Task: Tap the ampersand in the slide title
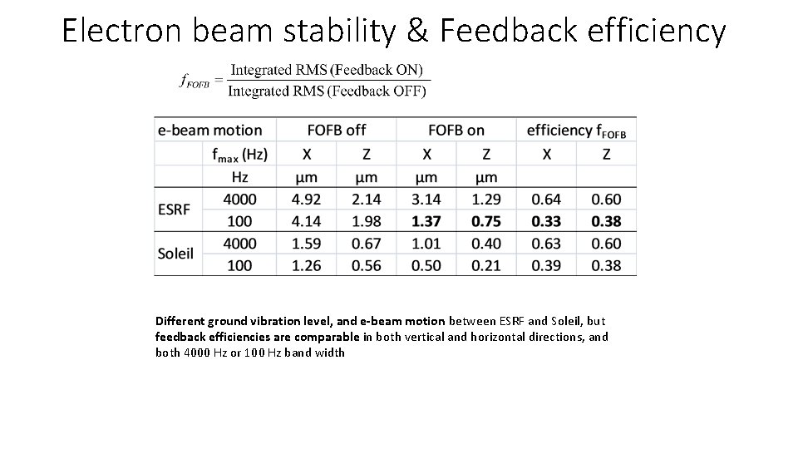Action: click(x=418, y=31)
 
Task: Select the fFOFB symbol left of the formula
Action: click(x=195, y=80)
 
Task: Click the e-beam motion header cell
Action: click(x=209, y=131)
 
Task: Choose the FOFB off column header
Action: click(x=336, y=131)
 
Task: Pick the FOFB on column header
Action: click(x=456, y=131)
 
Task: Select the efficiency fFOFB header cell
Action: click(x=576, y=131)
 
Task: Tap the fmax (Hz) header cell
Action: click(x=239, y=154)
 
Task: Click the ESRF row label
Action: click(x=175, y=210)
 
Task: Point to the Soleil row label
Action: click(x=176, y=253)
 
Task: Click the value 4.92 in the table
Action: click(x=307, y=200)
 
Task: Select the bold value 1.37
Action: click(x=426, y=221)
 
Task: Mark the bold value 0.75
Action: click(x=486, y=221)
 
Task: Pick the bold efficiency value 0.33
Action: click(x=546, y=221)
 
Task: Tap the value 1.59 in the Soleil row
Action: click(x=307, y=244)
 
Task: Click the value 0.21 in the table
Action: click(x=486, y=265)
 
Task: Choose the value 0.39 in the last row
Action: click(x=546, y=265)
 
